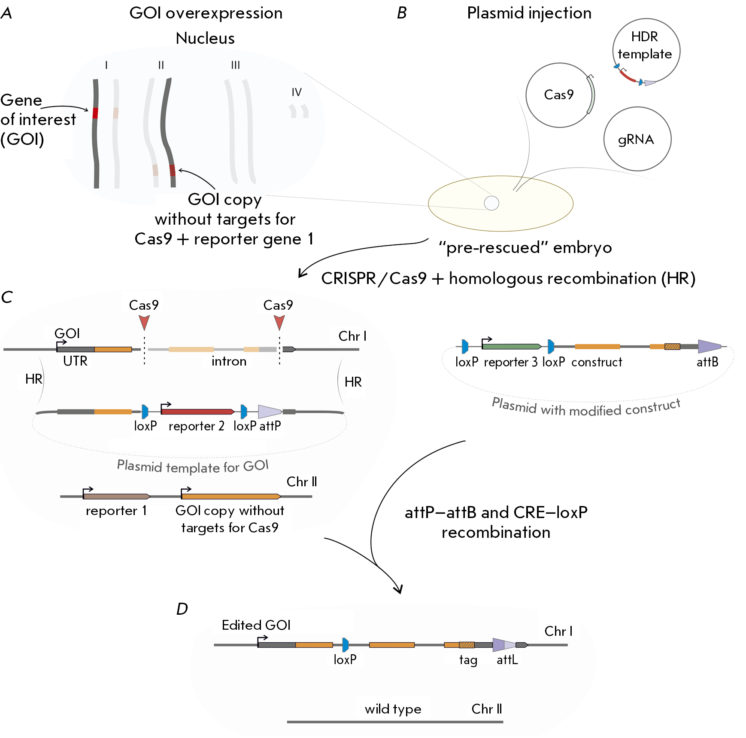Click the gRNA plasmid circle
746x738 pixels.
(x=637, y=139)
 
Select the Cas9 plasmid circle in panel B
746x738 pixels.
(x=559, y=95)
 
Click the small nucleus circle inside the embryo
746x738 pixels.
(x=491, y=203)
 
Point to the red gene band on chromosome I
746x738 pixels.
(x=95, y=113)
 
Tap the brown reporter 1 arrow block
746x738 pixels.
(x=116, y=497)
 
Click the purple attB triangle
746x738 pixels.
(x=709, y=346)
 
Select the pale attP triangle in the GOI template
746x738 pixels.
(x=269, y=412)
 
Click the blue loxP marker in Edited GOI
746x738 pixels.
(x=346, y=645)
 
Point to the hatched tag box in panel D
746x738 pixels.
(x=467, y=645)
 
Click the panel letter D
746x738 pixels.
(x=182, y=609)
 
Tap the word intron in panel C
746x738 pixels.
(x=229, y=361)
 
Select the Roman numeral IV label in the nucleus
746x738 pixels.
(x=297, y=92)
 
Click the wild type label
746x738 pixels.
(x=393, y=709)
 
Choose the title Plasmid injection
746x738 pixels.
(x=529, y=13)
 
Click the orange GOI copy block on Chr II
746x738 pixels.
(x=231, y=497)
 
